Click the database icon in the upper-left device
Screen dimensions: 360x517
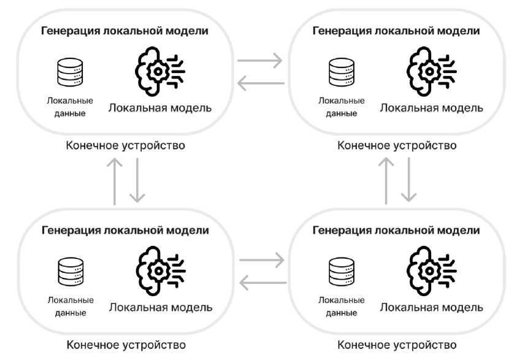[69, 73]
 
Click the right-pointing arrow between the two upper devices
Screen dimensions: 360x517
[259, 61]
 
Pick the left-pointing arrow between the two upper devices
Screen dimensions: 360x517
[261, 83]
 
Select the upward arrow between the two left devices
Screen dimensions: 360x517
[115, 180]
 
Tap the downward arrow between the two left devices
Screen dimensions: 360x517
[137, 180]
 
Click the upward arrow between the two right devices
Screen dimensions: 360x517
[386, 180]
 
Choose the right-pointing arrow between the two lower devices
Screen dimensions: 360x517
[262, 260]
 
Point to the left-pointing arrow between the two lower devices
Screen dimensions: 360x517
[262, 282]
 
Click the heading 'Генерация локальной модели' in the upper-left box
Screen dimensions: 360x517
[124, 31]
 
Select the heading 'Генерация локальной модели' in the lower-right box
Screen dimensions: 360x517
[396, 231]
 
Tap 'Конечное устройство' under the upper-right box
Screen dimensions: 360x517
[397, 146]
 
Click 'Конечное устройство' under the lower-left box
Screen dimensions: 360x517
[126, 345]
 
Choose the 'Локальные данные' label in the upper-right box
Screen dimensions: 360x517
[341, 107]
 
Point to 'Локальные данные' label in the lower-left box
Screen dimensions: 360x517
[70, 307]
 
